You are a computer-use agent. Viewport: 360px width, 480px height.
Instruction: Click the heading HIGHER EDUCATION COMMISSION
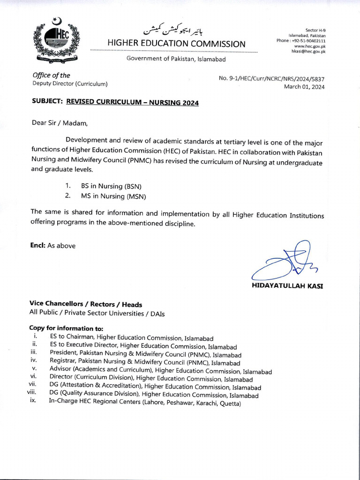[176, 44]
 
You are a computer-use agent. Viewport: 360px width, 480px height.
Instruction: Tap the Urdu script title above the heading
[174, 29]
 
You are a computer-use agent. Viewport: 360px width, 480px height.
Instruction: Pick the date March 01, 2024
[304, 87]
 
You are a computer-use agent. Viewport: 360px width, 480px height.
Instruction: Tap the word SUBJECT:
[47, 101]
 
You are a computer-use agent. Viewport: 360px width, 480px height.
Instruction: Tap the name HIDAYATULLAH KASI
[287, 285]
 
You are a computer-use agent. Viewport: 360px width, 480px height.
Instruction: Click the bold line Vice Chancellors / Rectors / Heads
[86, 304]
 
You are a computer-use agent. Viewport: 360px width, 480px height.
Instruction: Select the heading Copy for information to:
[66, 329]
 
